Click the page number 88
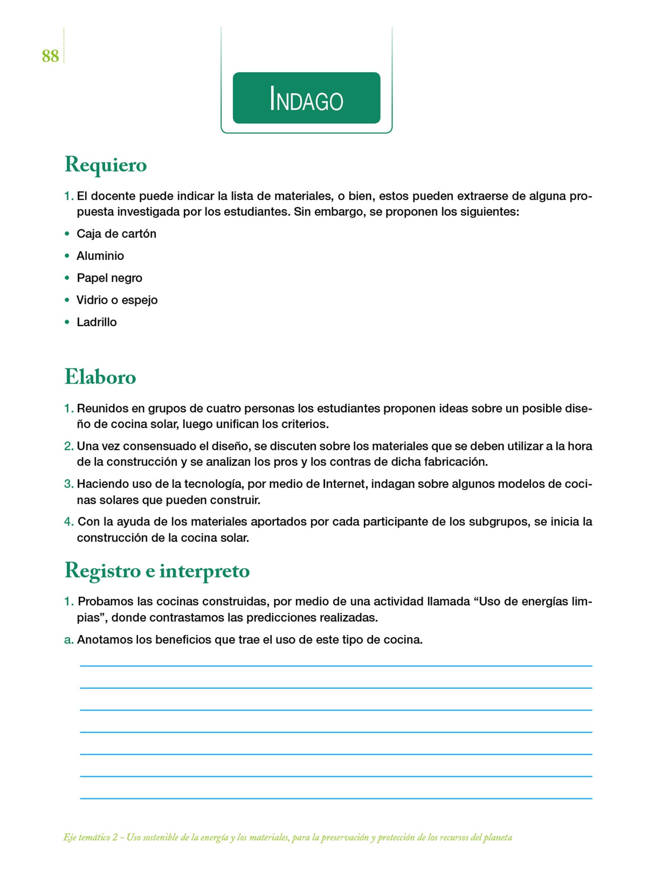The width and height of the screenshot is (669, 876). pyautogui.click(x=50, y=56)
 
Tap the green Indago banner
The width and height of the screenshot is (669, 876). pyautogui.click(x=306, y=98)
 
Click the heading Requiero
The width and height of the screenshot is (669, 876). pyautogui.click(x=106, y=165)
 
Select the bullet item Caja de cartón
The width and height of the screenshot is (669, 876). pyautogui.click(x=116, y=234)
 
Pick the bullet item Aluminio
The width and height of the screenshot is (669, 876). pyautogui.click(x=100, y=256)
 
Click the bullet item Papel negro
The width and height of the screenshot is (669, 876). pyautogui.click(x=109, y=278)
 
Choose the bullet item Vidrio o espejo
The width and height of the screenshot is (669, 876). pyautogui.click(x=117, y=300)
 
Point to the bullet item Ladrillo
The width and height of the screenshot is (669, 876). pyautogui.click(x=96, y=322)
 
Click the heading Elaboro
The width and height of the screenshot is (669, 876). pyautogui.click(x=100, y=377)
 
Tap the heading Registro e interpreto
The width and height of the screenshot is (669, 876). pyautogui.click(x=157, y=571)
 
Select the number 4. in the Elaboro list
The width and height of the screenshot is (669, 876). pyautogui.click(x=69, y=522)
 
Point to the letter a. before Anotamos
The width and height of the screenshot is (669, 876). pyautogui.click(x=68, y=640)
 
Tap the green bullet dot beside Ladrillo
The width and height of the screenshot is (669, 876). pyautogui.click(x=67, y=322)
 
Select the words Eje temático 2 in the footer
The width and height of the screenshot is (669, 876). pyautogui.click(x=90, y=837)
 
